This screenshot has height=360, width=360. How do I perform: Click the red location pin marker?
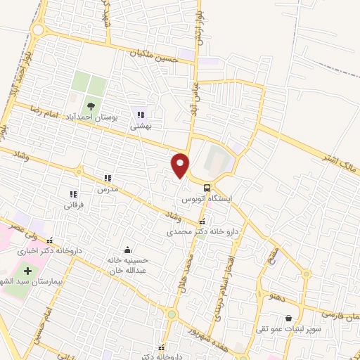181,165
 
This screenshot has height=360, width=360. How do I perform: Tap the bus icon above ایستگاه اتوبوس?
207,188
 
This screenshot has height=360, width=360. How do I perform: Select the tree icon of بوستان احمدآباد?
92,105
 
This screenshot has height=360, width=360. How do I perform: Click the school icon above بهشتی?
141,115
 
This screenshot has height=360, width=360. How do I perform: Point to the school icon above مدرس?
108,179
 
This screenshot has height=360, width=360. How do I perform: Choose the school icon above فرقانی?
72,194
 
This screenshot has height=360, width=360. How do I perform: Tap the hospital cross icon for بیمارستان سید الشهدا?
28,271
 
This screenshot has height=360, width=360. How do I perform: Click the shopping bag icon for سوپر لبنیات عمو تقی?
288,318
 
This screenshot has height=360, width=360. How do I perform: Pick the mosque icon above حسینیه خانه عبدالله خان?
127,250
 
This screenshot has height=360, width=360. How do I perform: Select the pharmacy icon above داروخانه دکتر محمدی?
202,221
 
